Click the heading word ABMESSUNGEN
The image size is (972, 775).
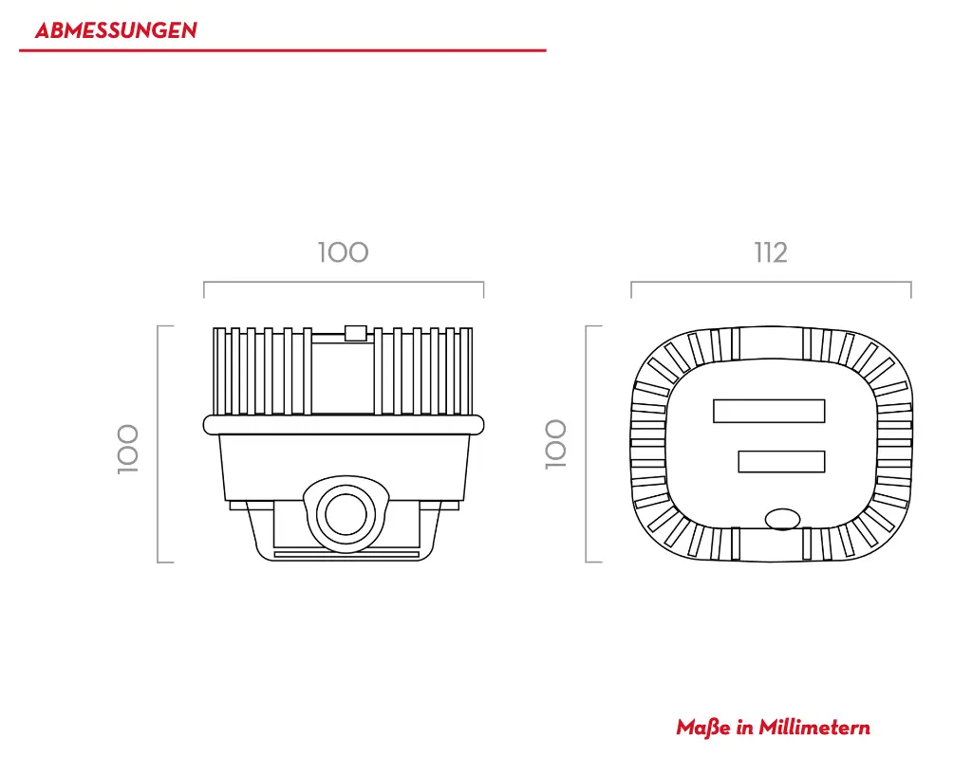116,30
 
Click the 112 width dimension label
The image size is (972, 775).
771,252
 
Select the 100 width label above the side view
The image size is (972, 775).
343,252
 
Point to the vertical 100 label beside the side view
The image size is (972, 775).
128,448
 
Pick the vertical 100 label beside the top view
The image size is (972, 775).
555,444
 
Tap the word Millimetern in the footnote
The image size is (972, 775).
814,728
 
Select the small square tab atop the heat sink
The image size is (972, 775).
355,332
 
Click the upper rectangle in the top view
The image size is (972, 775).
769,411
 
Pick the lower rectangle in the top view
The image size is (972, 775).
781,462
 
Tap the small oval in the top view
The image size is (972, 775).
783,518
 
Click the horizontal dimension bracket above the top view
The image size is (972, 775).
771,283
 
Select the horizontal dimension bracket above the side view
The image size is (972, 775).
344,283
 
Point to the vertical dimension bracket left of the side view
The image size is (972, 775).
159,444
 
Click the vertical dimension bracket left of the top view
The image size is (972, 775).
587,444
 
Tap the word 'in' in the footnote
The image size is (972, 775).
745,728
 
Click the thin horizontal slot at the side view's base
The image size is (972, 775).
346,552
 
